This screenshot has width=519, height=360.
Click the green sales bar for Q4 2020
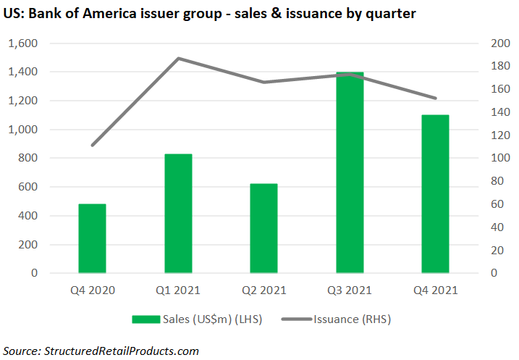point(93,238)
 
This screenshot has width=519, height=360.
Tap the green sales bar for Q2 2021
point(263,228)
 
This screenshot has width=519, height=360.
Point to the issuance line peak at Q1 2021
point(178,58)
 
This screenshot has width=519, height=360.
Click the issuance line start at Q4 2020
point(93,146)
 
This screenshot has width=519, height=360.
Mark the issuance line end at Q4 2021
point(435,99)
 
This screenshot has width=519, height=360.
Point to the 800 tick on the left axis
point(27,158)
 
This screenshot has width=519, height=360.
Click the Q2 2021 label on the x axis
point(263,290)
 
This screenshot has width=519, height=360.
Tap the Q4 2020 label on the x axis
point(93,290)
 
